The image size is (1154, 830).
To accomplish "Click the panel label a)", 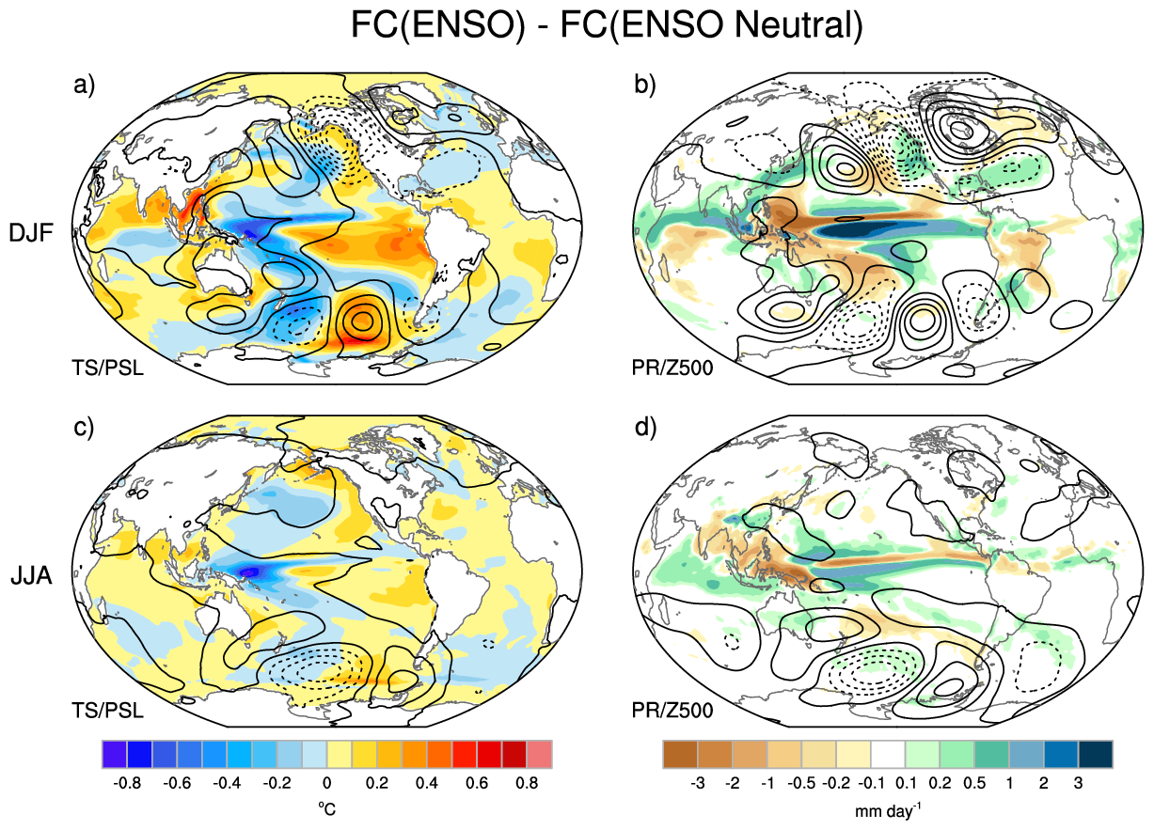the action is pyautogui.click(x=84, y=85).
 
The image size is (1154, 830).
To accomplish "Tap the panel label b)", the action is pyautogui.click(x=644, y=85).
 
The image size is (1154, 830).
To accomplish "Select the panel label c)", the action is pyautogui.click(x=84, y=428).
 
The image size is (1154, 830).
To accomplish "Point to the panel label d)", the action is pyautogui.click(x=645, y=428).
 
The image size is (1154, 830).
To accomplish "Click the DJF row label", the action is pyautogui.click(x=31, y=233).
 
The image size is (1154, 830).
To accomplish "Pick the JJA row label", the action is pyautogui.click(x=31, y=576).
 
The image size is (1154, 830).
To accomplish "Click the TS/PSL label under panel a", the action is pyautogui.click(x=107, y=368).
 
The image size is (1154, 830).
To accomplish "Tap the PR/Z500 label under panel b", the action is pyautogui.click(x=672, y=368).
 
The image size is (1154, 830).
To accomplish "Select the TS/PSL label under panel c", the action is pyautogui.click(x=107, y=711).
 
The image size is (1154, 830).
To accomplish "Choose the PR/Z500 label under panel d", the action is pyautogui.click(x=672, y=711).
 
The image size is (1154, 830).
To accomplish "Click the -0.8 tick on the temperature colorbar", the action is pyautogui.click(x=127, y=784).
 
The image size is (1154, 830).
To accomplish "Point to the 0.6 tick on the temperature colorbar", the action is pyautogui.click(x=477, y=784).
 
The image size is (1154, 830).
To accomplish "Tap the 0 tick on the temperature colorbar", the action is pyautogui.click(x=327, y=784).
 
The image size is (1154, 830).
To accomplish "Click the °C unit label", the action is pyautogui.click(x=326, y=809).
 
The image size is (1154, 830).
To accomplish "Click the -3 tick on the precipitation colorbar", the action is pyautogui.click(x=698, y=784).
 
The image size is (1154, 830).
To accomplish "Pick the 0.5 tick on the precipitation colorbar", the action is pyautogui.click(x=974, y=784).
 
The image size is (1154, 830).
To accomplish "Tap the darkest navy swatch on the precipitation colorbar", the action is pyautogui.click(x=1096, y=754).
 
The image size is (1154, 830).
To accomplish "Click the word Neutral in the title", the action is pyautogui.click(x=798, y=24).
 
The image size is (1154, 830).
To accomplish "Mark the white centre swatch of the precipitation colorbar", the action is pyautogui.click(x=888, y=754).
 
